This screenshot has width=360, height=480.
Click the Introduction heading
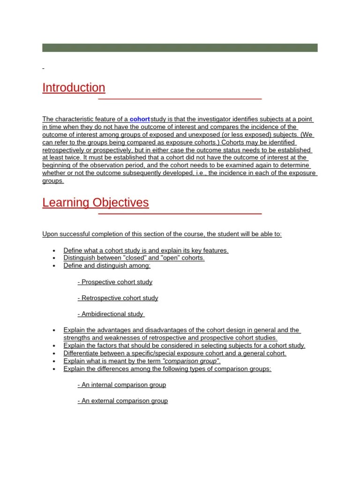tap(74, 88)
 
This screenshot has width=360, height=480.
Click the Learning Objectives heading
tap(95, 202)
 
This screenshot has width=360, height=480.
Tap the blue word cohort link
tap(140, 120)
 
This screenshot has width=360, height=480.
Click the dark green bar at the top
tap(180, 48)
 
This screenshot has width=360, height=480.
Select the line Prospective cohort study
tap(115, 282)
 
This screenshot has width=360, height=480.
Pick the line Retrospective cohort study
tap(118, 298)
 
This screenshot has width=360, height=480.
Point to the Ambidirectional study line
tap(111, 314)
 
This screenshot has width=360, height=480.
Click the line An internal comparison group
tap(121, 385)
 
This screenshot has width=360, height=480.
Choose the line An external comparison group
tap(122, 401)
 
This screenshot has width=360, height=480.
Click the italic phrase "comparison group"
tap(190, 361)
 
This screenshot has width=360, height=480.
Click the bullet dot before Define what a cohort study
tap(55, 251)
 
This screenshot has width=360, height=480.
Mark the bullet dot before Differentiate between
tap(55, 353)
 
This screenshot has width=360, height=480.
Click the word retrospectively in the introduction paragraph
tap(64, 150)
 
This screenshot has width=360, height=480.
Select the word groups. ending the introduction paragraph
tap(52, 180)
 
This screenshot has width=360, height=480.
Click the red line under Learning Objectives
tap(180, 214)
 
